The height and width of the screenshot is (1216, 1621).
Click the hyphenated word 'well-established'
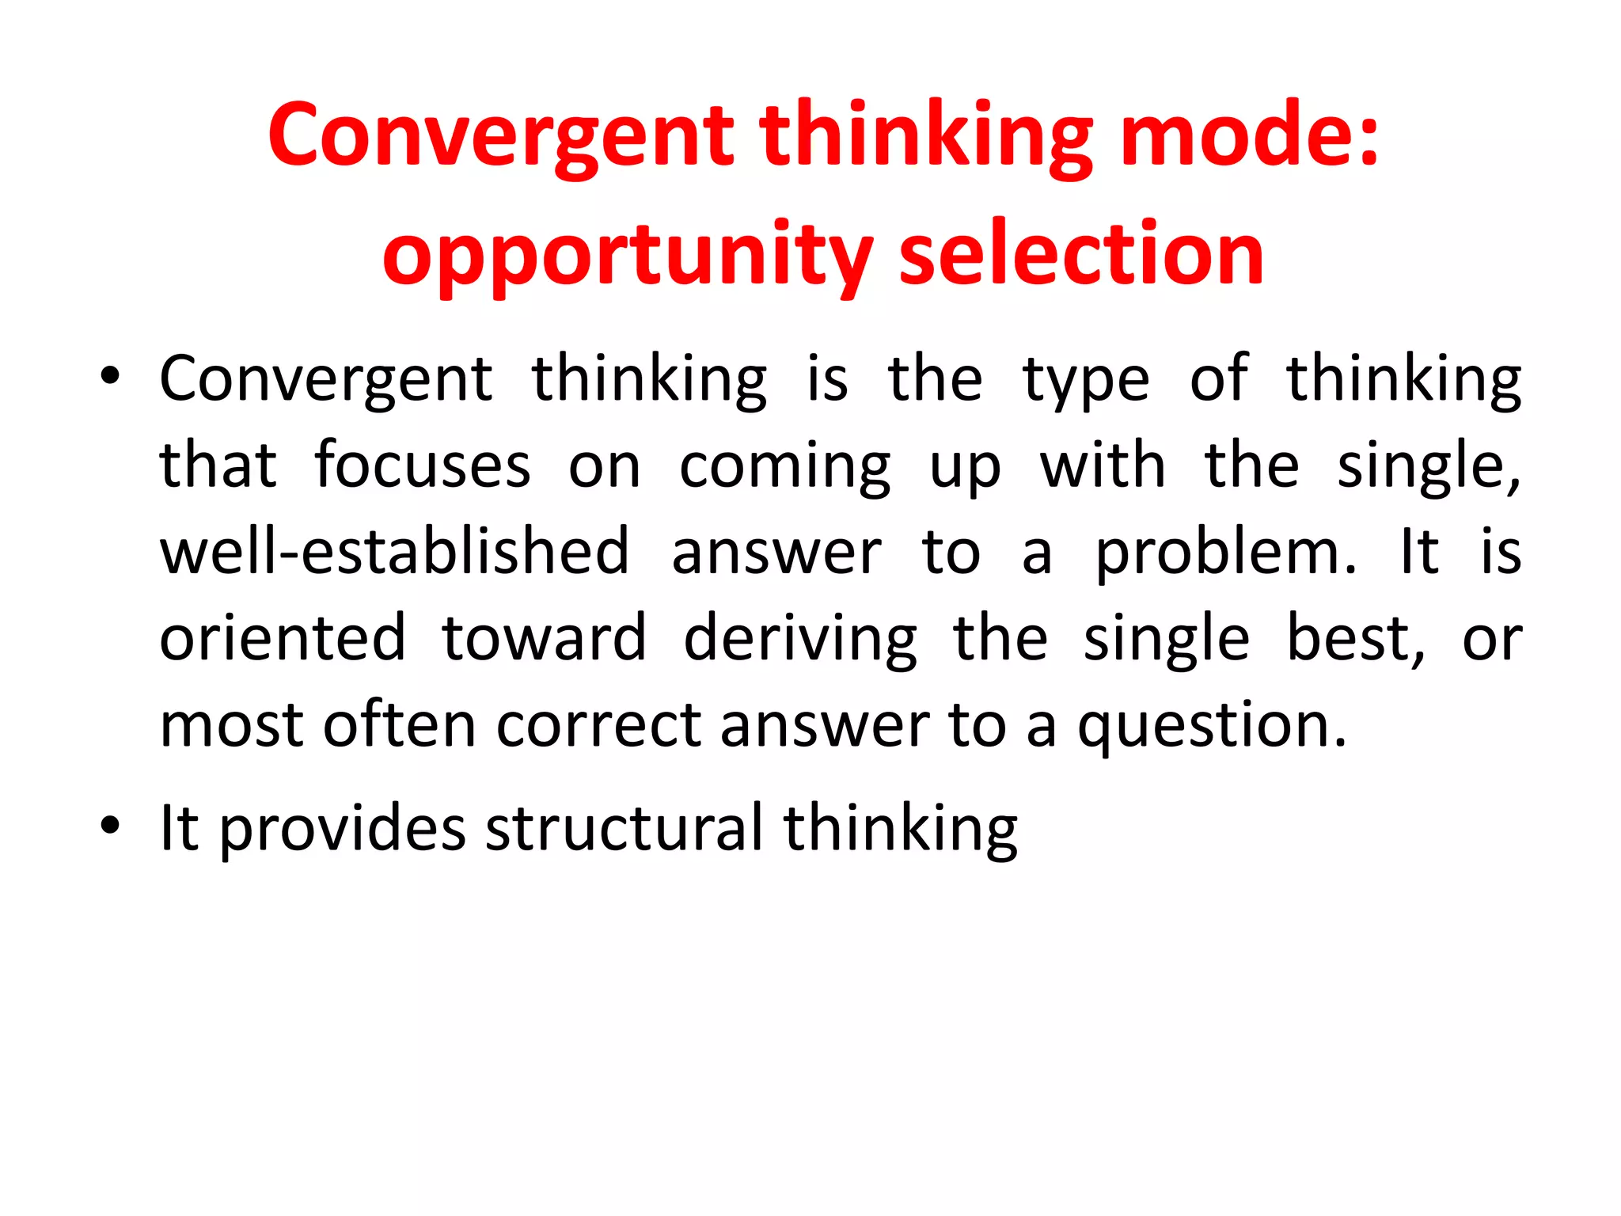[394, 551]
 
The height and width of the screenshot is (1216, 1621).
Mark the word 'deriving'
[800, 640]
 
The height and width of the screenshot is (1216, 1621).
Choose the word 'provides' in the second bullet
[342, 830]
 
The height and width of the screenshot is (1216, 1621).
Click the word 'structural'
[624, 828]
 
